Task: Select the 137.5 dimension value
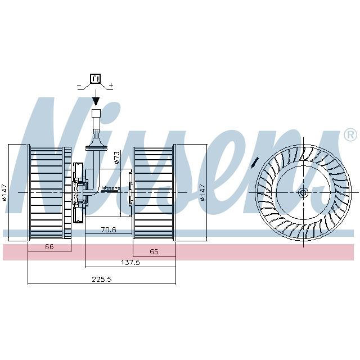pos(130,262)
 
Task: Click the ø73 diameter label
pos(117,157)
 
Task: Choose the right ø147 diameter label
pos(201,192)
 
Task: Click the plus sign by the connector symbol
pos(111,85)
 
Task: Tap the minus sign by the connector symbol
pos(79,86)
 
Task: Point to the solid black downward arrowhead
pos(95,101)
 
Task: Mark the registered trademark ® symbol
pos(349,135)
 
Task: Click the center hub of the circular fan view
pos(303,192)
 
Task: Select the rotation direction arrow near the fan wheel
pos(255,163)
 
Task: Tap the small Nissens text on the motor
pos(110,188)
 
